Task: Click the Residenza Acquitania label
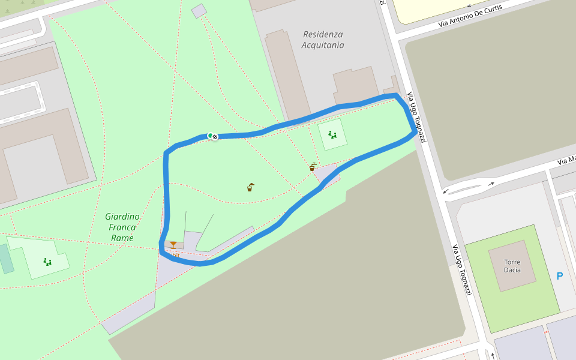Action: click(x=323, y=40)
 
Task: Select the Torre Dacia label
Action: click(x=512, y=266)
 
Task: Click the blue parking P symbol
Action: click(x=560, y=276)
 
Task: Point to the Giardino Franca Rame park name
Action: click(x=122, y=227)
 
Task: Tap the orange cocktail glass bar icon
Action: click(x=173, y=245)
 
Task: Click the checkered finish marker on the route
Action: click(x=214, y=137)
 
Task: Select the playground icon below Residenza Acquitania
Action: click(x=332, y=135)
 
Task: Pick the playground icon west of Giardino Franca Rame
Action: click(x=47, y=262)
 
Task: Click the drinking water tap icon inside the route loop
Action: click(x=250, y=187)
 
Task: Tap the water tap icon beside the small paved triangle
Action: click(x=313, y=167)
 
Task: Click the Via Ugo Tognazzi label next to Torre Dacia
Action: click(x=461, y=269)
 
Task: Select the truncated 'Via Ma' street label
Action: click(x=566, y=160)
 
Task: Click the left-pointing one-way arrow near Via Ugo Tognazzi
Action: click(x=445, y=191)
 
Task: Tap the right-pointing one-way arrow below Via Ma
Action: click(x=491, y=184)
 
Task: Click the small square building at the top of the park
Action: click(x=199, y=11)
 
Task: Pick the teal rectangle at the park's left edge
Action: click(x=6, y=258)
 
